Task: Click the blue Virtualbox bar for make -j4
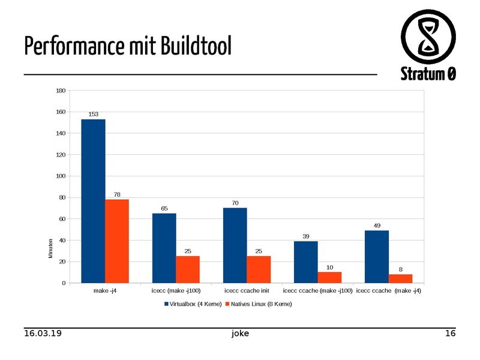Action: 93,201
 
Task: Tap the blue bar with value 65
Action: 164,248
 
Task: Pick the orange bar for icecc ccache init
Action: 259,269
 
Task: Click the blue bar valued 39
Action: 305,262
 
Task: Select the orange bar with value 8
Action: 400,278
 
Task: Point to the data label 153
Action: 94,113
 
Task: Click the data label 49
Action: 377,226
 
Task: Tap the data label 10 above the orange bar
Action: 329,267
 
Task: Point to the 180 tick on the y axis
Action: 60,91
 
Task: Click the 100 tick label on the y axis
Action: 60,176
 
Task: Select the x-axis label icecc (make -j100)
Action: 176,291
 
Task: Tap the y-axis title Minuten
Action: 51,249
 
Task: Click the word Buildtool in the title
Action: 196,46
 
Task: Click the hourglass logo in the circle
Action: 428,36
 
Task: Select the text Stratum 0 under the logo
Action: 428,74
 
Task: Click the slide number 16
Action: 450,333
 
